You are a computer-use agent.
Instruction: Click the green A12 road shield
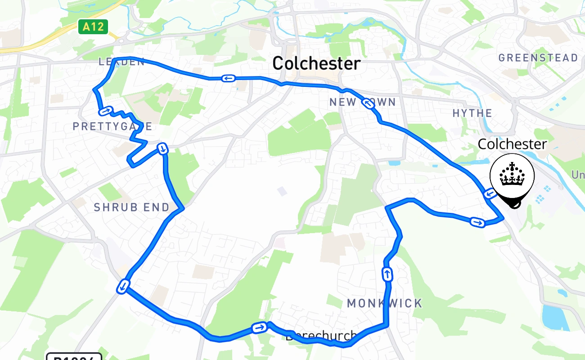point(93,27)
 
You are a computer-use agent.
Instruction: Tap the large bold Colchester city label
point(316,63)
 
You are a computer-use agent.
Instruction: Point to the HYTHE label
point(472,113)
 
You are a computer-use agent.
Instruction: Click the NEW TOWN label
point(362,102)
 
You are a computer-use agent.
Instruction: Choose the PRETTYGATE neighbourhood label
point(112,126)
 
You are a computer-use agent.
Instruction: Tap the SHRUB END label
point(131,207)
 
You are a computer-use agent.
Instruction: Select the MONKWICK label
point(385,303)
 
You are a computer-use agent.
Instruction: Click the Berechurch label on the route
point(321,336)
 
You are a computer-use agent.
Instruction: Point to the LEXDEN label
point(121,62)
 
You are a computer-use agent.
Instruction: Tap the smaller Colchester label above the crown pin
point(512,144)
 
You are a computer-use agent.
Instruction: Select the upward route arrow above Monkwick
point(387,274)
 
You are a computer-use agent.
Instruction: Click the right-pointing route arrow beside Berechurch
point(259,327)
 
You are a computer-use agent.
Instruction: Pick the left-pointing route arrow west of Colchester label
point(228,78)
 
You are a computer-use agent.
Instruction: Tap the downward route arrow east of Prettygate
point(162,148)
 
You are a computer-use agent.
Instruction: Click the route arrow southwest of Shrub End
point(123,286)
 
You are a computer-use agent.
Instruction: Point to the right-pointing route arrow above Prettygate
point(105,110)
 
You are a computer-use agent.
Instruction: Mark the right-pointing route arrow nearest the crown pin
point(477,222)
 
